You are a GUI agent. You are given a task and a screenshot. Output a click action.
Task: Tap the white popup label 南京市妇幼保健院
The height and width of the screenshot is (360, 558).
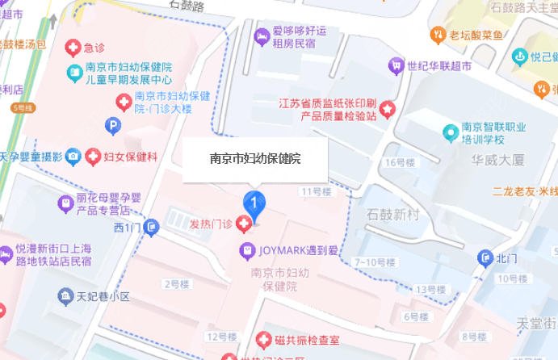pos(255,159)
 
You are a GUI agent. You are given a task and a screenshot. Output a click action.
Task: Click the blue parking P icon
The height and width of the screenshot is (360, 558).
pos(113,124)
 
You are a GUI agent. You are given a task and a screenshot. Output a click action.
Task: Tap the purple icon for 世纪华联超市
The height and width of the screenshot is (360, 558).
pos(395,64)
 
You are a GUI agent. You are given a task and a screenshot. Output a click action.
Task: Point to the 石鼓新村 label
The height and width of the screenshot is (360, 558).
pos(394,214)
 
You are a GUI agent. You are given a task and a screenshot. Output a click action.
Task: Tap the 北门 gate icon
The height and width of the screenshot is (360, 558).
pos(484,258)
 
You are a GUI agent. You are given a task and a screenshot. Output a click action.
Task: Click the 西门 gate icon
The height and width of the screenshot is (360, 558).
pos(150,228)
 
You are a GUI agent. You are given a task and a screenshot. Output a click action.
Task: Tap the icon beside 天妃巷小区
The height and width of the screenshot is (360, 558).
pos(64,296)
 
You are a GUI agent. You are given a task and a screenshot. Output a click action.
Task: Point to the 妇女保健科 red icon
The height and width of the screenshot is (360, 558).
pos(94,156)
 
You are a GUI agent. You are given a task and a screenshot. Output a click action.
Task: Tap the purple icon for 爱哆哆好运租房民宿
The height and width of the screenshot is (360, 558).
pos(261,35)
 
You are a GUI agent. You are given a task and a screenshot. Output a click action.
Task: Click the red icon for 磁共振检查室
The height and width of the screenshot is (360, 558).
pos(262,340)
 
